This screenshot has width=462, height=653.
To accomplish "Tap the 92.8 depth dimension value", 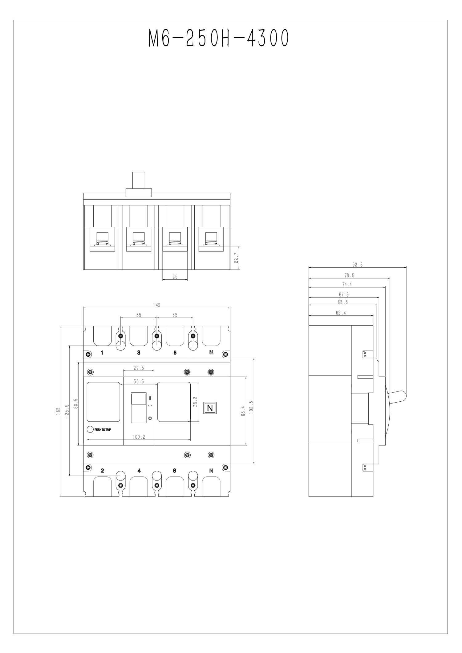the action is [x=357, y=264].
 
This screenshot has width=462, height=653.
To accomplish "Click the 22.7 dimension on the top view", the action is [x=236, y=258].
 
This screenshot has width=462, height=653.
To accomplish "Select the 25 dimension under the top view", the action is [x=175, y=277].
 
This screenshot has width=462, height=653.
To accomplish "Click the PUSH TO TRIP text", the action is [x=103, y=430].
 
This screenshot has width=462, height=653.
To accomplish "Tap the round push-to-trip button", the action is [x=91, y=429].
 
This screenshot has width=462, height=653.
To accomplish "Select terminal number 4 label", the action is [x=139, y=470].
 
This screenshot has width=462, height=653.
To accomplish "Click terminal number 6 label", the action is [x=175, y=470].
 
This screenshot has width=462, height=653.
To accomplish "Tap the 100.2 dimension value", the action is [x=139, y=437].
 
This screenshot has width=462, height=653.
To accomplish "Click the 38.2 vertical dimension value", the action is [x=195, y=402].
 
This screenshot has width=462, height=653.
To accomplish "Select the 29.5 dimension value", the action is [x=139, y=368].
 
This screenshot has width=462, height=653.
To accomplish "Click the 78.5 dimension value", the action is [x=349, y=276].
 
